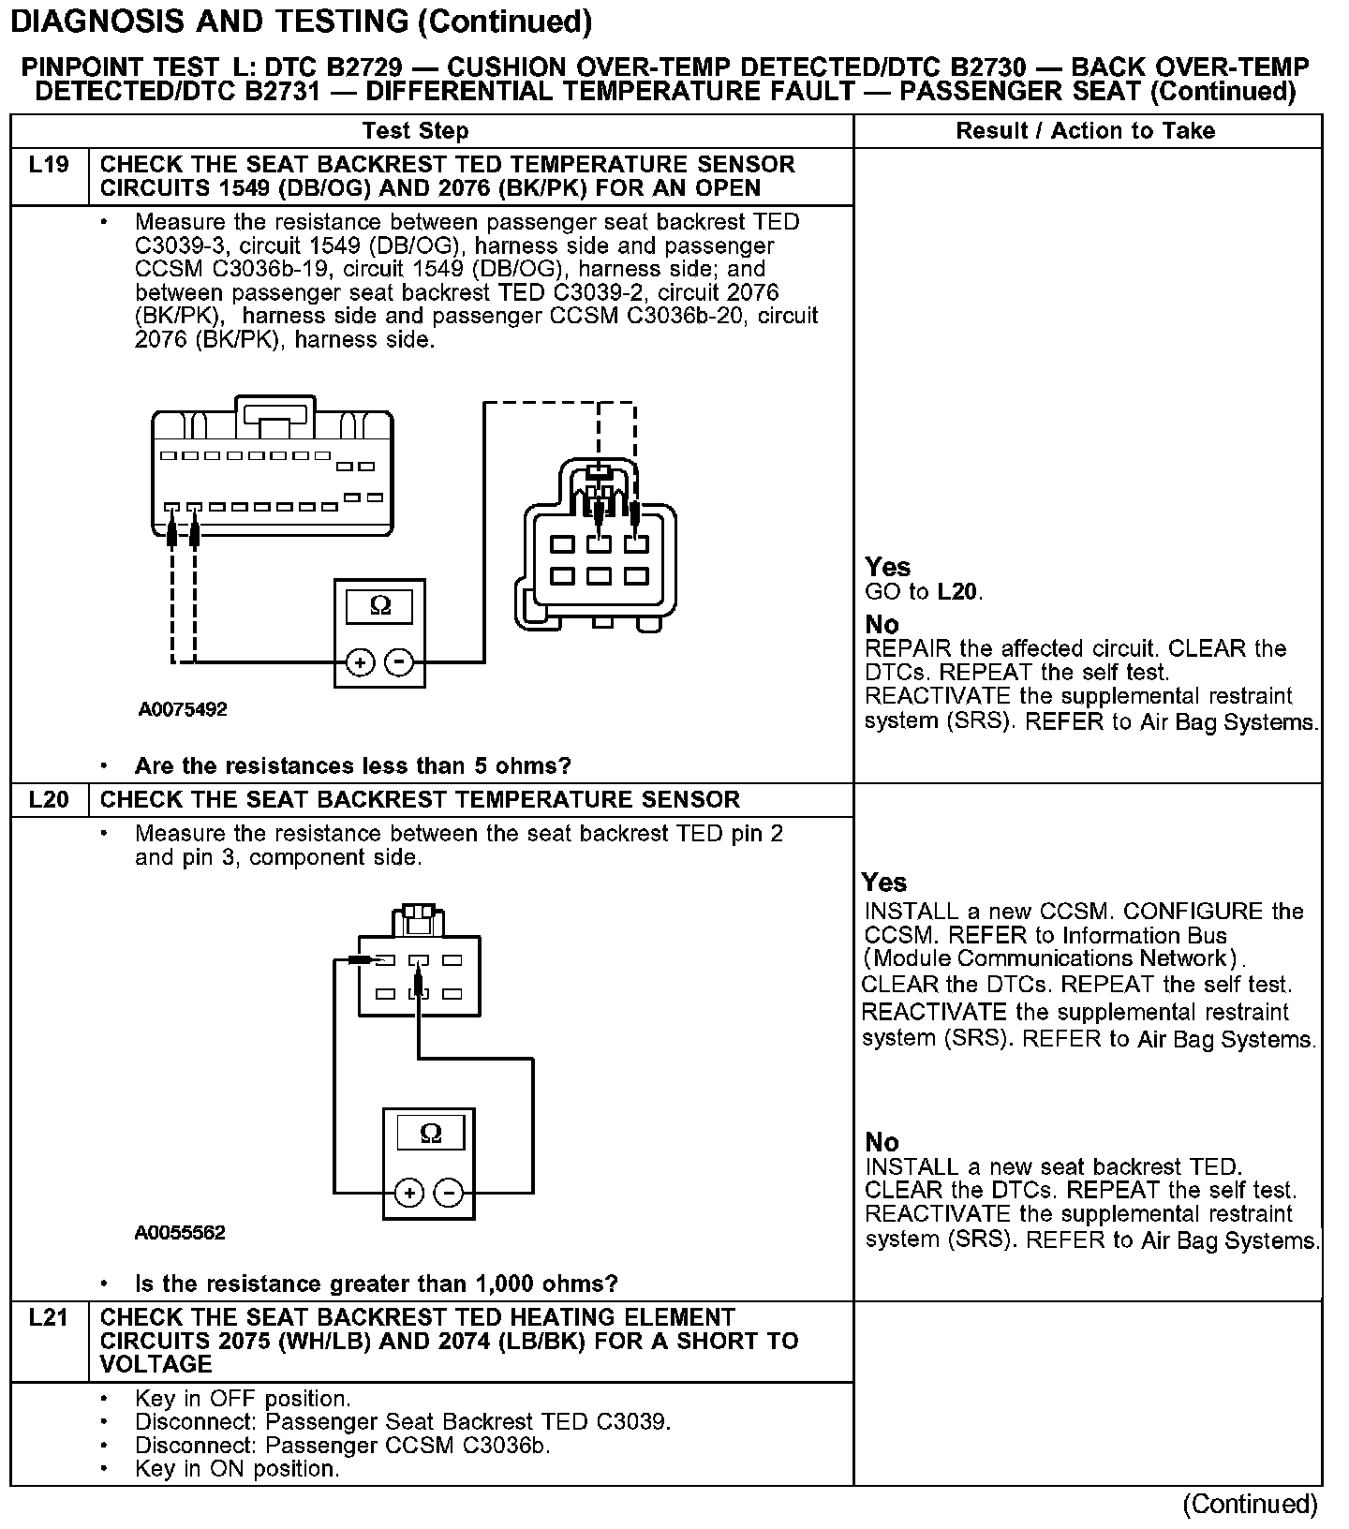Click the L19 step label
click(49, 166)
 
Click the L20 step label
click(49, 800)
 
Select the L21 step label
click(49, 1318)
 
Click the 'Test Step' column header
click(415, 131)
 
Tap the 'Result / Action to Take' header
click(1085, 131)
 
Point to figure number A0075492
click(183, 710)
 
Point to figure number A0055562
click(180, 1233)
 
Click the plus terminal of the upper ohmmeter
click(360, 662)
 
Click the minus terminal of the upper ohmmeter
click(400, 662)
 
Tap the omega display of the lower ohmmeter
click(430, 1134)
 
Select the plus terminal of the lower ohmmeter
click(408, 1193)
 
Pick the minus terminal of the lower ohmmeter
click(450, 1193)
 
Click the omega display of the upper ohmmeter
click(380, 606)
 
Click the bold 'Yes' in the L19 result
click(887, 567)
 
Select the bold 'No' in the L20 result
click(882, 1142)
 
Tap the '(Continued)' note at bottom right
click(1250, 1505)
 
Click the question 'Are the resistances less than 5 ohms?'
click(352, 766)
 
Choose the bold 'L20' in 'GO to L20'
click(958, 592)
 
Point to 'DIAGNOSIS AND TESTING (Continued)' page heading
click(301, 21)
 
